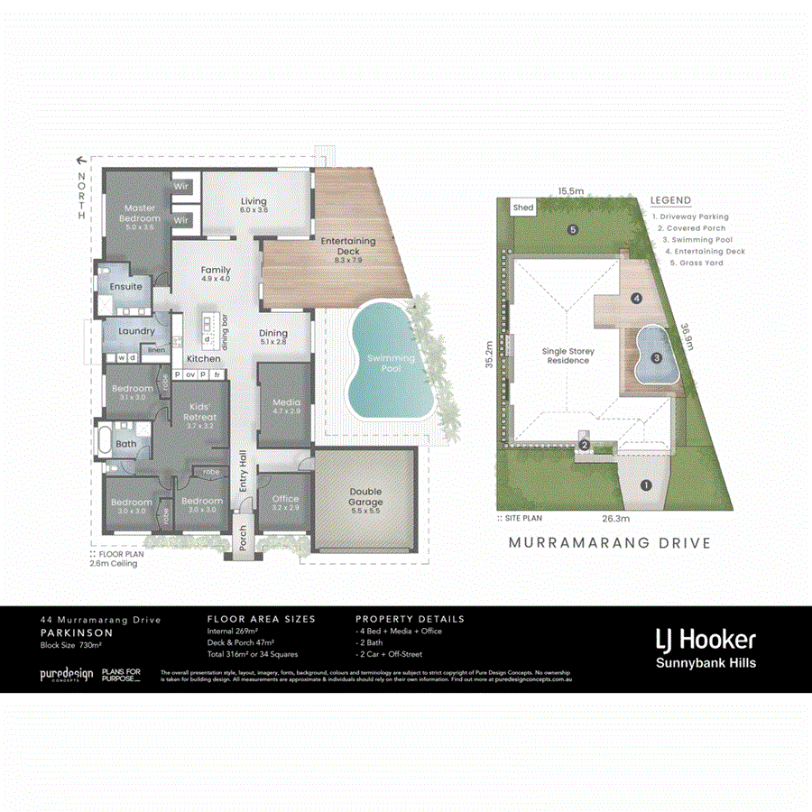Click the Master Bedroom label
pyautogui.click(x=142, y=213)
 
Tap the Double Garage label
pyautogui.click(x=365, y=497)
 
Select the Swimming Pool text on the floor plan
pyautogui.click(x=390, y=364)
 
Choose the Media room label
pyautogui.click(x=285, y=405)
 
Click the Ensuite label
pyautogui.click(x=126, y=286)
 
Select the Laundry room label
pyautogui.click(x=136, y=331)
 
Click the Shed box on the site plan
pyautogui.click(x=523, y=208)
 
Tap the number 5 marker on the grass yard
pyautogui.click(x=572, y=229)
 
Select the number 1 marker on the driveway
pyautogui.click(x=645, y=485)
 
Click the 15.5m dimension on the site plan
pyautogui.click(x=569, y=191)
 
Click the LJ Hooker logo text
pyautogui.click(x=705, y=641)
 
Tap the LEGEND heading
pyautogui.click(x=670, y=200)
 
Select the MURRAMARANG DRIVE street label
pyautogui.click(x=610, y=543)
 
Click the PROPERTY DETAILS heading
pyautogui.click(x=410, y=619)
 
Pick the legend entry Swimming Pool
pyautogui.click(x=697, y=240)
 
